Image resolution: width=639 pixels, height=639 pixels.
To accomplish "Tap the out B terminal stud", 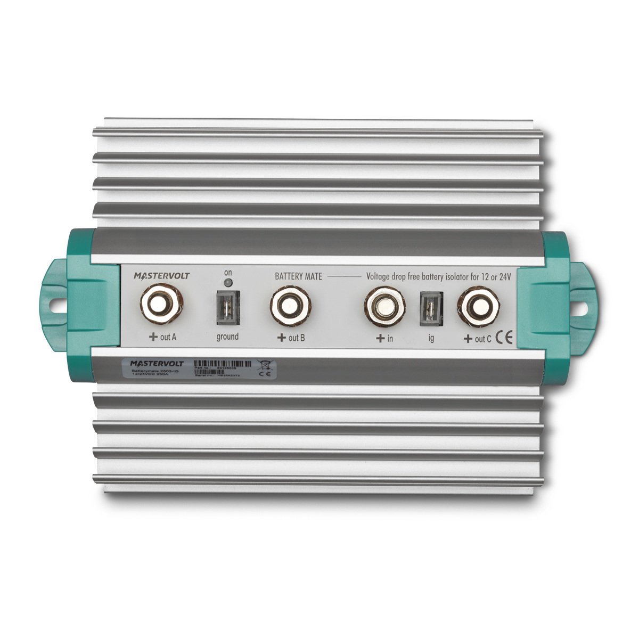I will tap(290, 306).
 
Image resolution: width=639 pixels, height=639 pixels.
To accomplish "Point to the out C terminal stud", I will tap(479, 307).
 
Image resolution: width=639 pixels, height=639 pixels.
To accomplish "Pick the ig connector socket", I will tap(431, 309).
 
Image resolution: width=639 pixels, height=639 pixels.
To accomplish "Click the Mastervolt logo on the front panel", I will tap(161, 276).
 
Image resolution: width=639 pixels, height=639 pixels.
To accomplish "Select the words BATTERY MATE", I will tap(298, 276).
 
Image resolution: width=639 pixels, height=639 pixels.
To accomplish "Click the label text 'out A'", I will tap(168, 337).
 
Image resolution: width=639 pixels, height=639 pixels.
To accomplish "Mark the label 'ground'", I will tap(227, 337).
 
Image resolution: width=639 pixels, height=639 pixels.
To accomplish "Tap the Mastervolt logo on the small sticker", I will tap(157, 363).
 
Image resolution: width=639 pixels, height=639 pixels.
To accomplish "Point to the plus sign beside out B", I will tap(282, 338).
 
